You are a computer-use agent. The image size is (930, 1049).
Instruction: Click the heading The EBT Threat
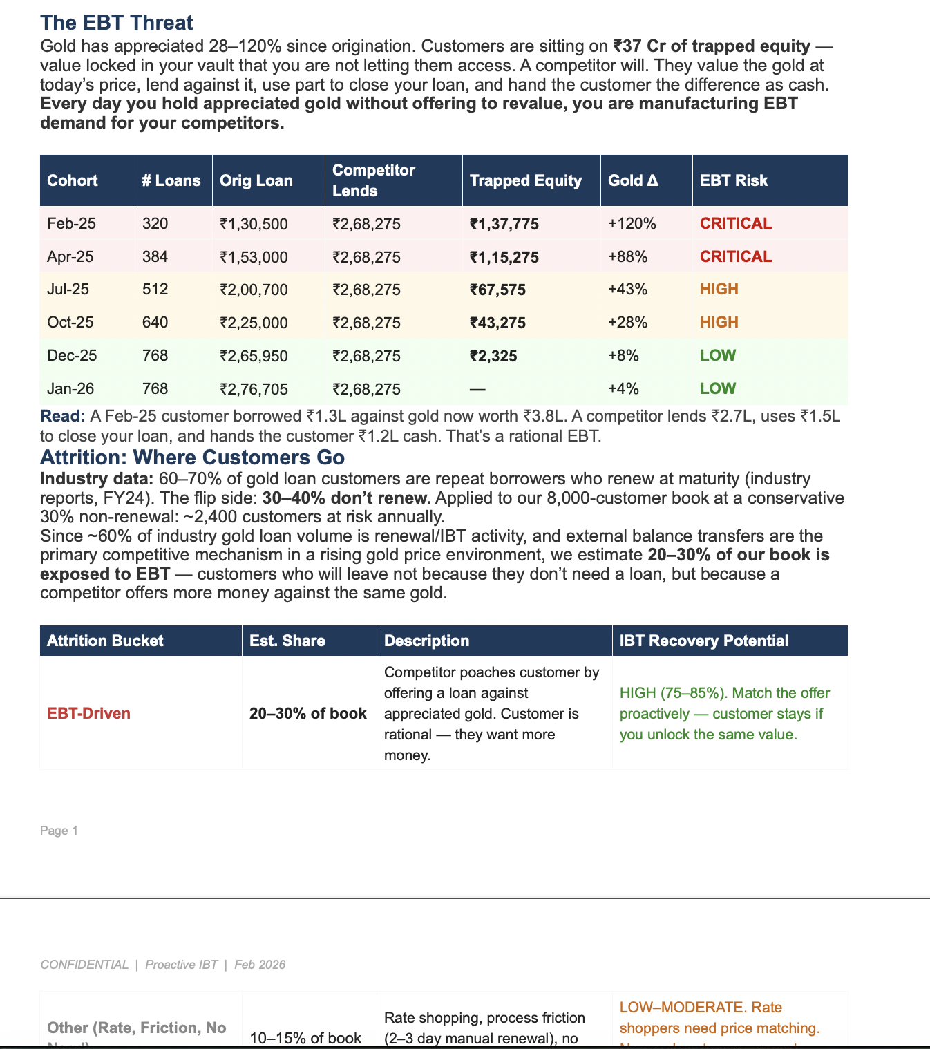(117, 23)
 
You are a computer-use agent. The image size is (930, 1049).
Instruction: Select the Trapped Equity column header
(525, 180)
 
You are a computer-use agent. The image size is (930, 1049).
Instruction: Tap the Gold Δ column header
(633, 180)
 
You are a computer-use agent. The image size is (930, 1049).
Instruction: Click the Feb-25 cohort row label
(71, 224)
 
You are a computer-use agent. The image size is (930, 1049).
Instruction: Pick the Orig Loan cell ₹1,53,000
(254, 257)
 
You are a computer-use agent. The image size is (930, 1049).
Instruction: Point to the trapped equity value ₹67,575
(497, 290)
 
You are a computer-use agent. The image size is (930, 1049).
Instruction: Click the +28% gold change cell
(627, 323)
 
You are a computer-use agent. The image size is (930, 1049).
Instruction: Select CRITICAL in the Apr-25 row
(735, 257)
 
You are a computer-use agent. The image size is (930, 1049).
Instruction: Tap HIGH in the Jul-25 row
(719, 290)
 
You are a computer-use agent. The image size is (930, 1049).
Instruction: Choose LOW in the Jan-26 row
(717, 388)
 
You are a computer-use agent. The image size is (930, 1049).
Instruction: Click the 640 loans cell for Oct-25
(155, 323)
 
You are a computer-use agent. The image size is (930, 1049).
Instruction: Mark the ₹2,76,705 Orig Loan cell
(254, 389)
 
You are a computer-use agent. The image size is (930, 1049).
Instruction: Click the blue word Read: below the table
(63, 416)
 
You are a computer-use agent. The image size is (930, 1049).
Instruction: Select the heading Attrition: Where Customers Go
(192, 457)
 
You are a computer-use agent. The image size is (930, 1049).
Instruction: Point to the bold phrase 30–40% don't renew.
(346, 498)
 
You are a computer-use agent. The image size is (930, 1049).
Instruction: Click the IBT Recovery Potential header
(703, 641)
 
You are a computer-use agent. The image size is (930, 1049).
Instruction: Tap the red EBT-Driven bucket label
(88, 713)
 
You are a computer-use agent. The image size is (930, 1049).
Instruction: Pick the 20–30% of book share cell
(307, 713)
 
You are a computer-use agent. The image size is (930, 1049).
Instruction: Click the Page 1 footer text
(59, 831)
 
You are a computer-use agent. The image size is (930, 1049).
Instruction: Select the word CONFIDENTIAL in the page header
(84, 965)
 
